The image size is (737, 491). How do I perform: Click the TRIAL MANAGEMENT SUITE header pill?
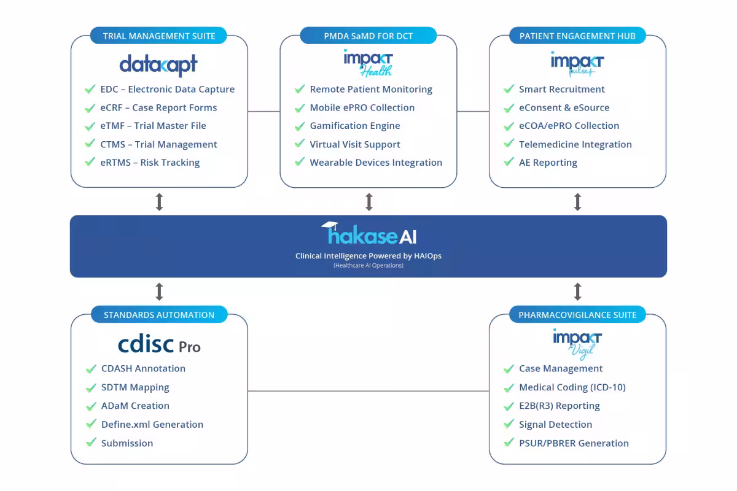coord(159,36)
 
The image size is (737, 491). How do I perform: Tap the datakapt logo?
coord(158,64)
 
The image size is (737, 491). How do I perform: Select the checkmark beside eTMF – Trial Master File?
coord(90,126)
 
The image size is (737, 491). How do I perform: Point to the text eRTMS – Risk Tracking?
coord(150,163)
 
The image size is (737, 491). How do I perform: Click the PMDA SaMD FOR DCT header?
coord(368,36)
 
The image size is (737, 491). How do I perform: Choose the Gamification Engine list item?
coord(354,126)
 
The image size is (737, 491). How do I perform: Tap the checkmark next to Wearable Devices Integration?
coord(299,163)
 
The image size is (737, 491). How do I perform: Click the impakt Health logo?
coord(368,63)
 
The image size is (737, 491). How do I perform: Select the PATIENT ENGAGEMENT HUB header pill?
coord(577,36)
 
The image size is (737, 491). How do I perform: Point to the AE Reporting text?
coord(548,163)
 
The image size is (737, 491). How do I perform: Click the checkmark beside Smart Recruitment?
coord(509,89)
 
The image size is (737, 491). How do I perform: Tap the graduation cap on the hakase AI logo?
coord(330,225)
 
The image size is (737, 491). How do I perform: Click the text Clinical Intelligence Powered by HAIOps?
coord(368,256)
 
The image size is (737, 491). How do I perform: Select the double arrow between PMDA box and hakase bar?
coord(368,202)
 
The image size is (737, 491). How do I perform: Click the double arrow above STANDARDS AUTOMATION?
coord(159,292)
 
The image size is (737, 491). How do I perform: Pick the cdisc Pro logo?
coord(159,344)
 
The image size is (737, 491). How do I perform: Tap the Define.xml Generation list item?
coord(152,424)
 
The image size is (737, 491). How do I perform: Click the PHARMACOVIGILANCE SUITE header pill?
coord(577,315)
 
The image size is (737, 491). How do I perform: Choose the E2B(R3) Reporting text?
coord(559,406)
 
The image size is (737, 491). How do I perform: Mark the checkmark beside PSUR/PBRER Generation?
coord(509,443)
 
